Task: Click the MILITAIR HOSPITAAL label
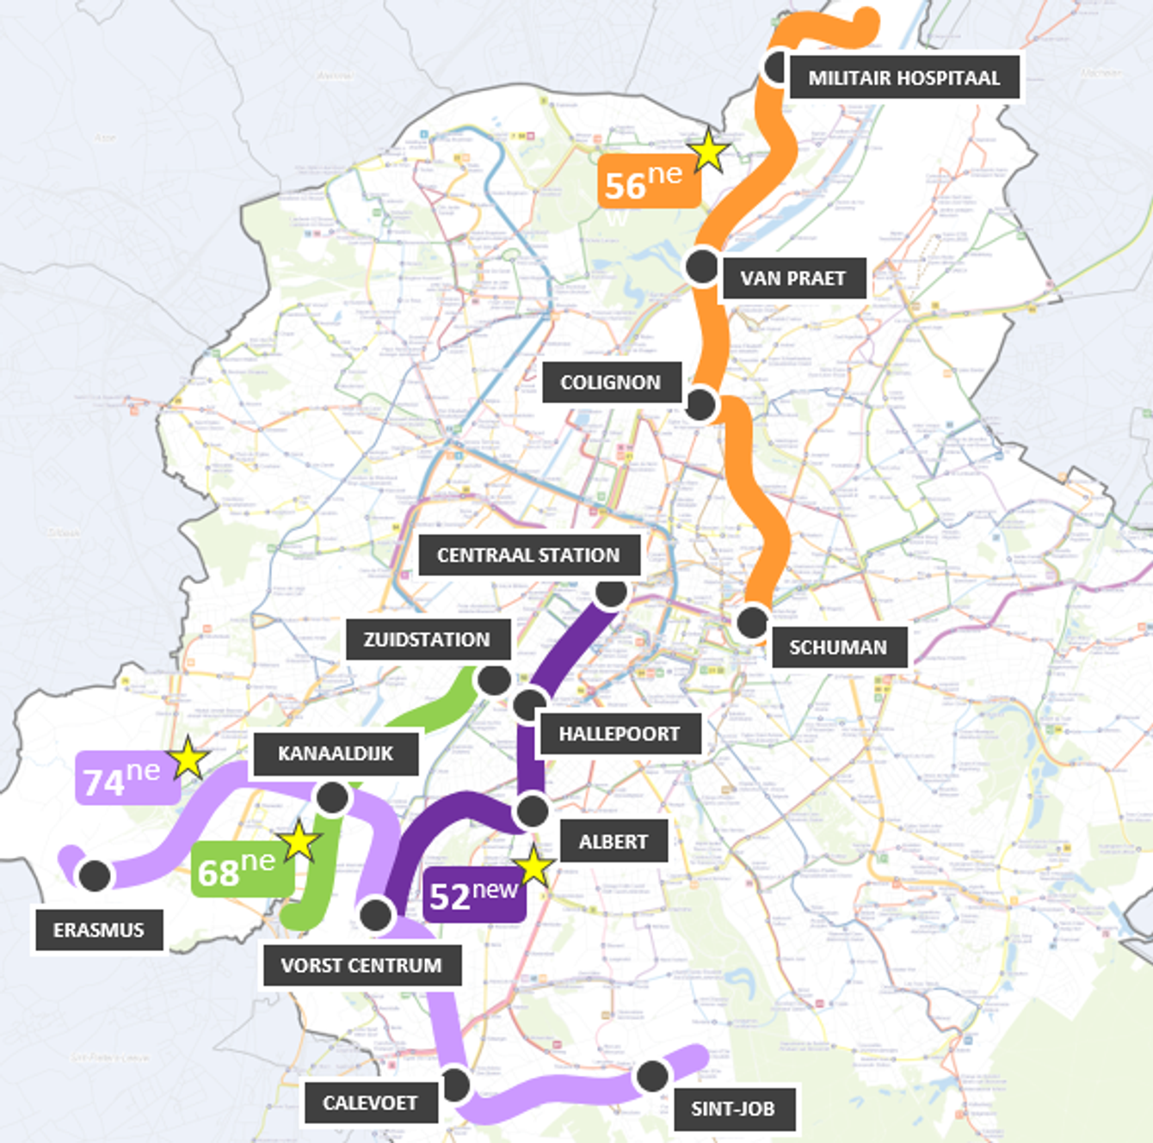[x=903, y=77]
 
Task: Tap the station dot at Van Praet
[x=702, y=267]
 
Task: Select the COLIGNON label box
[x=611, y=382]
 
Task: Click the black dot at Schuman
[x=752, y=622]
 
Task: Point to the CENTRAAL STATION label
[x=528, y=555]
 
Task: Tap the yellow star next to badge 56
[x=709, y=152]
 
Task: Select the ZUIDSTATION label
[x=427, y=640]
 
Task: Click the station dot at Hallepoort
[x=529, y=705]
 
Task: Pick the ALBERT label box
[x=613, y=841]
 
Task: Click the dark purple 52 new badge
[x=474, y=895]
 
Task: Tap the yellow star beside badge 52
[x=533, y=867]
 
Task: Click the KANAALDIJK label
[x=336, y=753]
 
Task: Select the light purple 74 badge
[x=126, y=778]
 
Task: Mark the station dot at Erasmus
[x=95, y=876]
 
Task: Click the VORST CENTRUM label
[x=361, y=965]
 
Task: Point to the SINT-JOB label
[x=732, y=1109]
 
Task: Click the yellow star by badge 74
[x=188, y=759]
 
